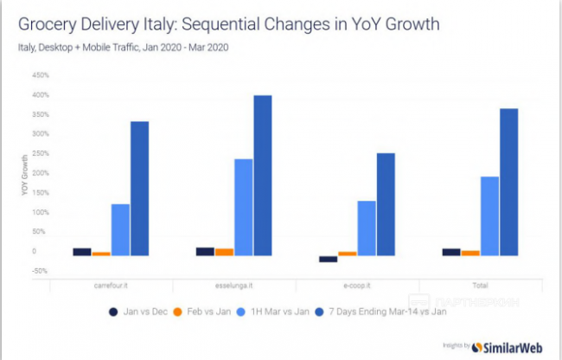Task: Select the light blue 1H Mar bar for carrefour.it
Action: coord(120,229)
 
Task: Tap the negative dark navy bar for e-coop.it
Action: coord(329,259)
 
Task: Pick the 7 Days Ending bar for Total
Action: coord(510,182)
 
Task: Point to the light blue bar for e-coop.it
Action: coord(367,228)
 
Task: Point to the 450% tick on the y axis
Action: coord(40,75)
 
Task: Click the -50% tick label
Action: coord(40,271)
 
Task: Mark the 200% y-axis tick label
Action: coord(40,173)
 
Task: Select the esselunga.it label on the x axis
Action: coord(234,285)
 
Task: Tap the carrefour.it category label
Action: coord(112,285)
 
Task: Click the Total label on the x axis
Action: coord(481,285)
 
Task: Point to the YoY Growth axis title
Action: coord(26,173)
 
